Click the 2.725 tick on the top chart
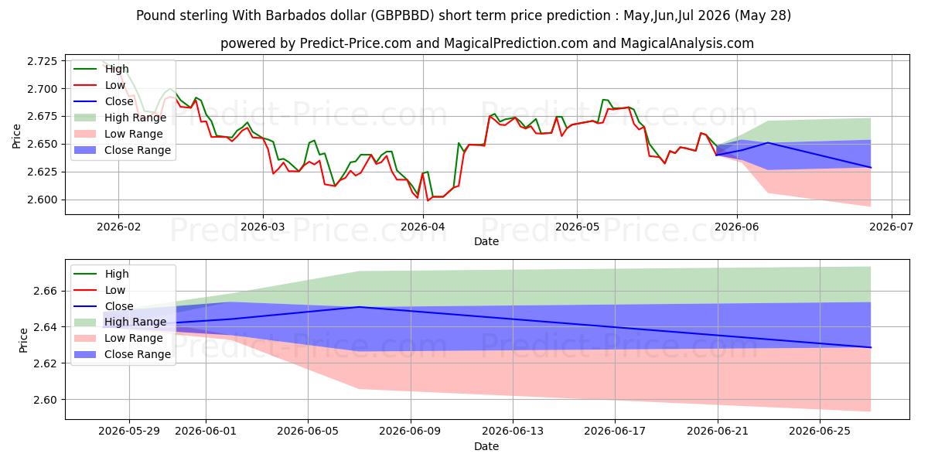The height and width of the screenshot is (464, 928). pos(43,61)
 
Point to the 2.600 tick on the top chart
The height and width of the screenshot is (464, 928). pos(43,200)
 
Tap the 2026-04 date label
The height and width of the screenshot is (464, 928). pos(422,227)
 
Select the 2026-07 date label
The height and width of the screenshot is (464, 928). pos(891,227)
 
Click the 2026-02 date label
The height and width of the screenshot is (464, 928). pos(118,227)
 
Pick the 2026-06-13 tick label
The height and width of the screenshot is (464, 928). pos(513,432)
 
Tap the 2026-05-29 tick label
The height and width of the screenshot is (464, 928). pos(129,432)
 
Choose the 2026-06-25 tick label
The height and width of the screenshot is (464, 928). pos(820,432)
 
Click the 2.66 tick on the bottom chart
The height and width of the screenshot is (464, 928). pos(46,291)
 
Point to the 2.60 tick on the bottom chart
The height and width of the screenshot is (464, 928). pos(46,400)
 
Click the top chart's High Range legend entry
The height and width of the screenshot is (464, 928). pos(120,118)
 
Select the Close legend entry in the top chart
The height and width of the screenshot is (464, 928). pos(104,101)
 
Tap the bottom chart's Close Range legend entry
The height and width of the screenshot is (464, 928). pos(122,354)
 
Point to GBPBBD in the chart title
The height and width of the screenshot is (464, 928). pos(402,15)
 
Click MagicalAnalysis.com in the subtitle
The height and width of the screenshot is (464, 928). pos(687,43)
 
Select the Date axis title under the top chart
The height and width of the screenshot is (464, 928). pos(486,241)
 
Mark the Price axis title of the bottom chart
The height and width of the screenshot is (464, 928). pos(23,340)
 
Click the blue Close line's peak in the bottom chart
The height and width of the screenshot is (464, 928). pos(359,307)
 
